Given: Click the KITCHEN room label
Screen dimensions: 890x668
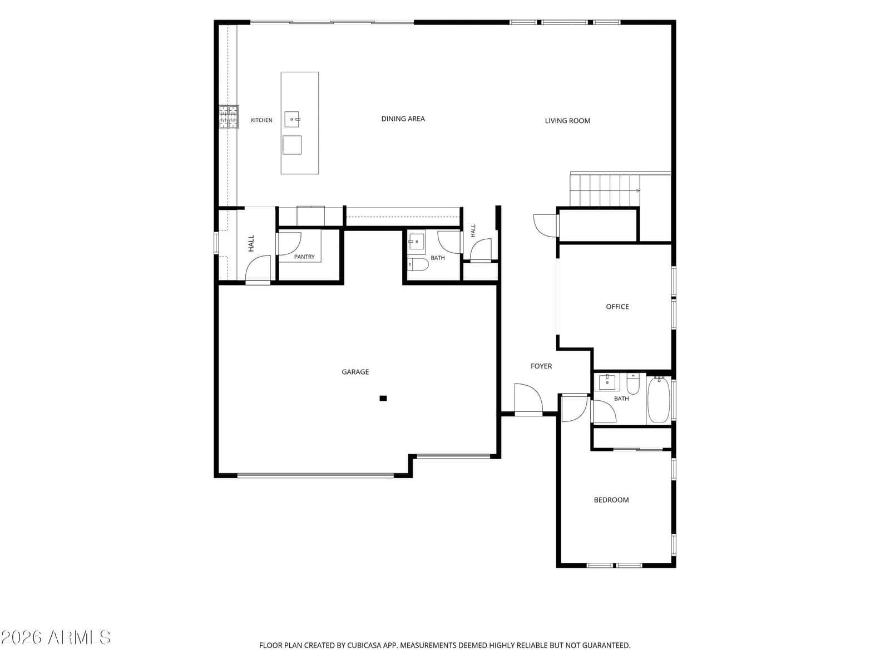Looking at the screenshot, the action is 261,120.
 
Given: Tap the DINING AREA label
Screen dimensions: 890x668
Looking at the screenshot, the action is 403,119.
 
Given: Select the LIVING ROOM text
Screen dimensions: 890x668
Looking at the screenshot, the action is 567,120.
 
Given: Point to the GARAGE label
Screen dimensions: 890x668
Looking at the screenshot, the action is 355,371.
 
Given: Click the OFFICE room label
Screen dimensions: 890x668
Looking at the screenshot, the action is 617,307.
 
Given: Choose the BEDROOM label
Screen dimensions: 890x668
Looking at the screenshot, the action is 611,500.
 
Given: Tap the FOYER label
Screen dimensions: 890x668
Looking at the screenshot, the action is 541,366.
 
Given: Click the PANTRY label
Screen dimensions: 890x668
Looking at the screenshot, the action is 304,257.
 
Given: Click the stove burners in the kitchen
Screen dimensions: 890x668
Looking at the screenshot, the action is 229,117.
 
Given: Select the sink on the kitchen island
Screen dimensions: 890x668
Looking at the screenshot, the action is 292,119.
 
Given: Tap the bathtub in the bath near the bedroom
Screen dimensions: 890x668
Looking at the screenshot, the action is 659,400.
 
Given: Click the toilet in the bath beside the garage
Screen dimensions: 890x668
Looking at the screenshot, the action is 418,264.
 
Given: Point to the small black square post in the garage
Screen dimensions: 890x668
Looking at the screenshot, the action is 383,398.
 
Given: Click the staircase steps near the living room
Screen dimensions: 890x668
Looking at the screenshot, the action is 605,190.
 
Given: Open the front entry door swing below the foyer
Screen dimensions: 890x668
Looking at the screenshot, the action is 528,398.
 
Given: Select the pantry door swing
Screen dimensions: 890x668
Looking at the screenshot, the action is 289,244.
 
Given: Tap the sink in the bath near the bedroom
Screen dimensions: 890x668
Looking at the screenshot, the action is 607,382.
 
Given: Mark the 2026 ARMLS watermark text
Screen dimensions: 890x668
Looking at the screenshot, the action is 56,637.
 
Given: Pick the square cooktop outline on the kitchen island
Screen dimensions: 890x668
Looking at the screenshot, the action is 292,145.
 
